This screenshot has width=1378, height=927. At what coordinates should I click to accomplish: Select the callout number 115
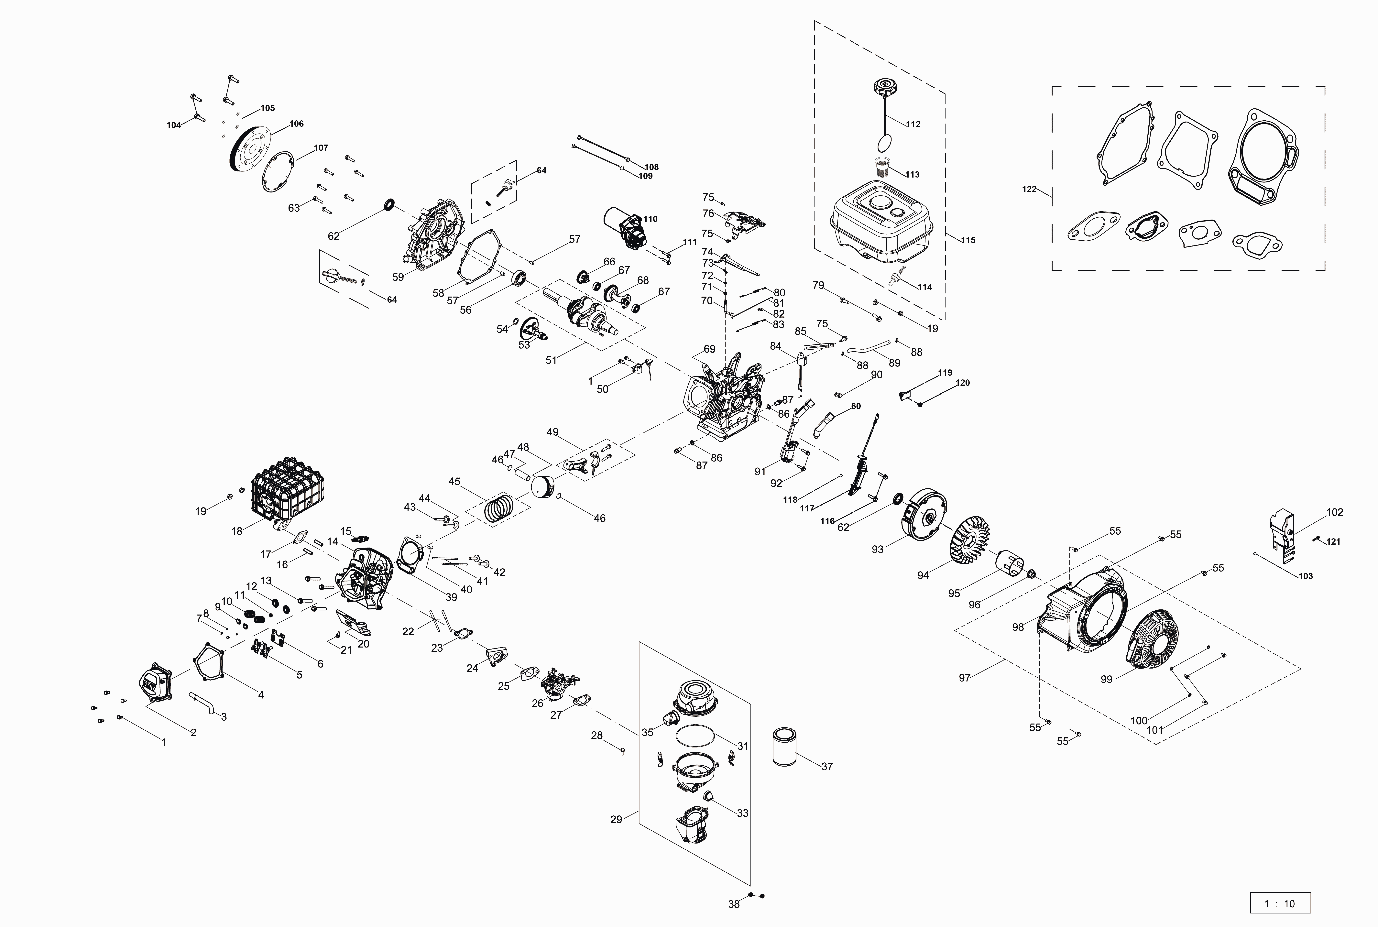click(x=968, y=240)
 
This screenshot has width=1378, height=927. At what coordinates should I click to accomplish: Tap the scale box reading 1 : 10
click(x=1280, y=903)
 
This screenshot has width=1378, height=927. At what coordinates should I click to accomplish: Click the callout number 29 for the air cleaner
click(x=616, y=819)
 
